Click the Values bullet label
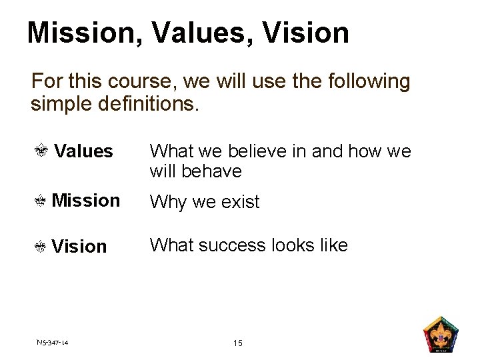coord(83,151)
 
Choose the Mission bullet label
coord(85,200)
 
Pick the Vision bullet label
coord(79,246)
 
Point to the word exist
coord(239,201)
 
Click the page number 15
coord(238,343)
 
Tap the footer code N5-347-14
coord(53,343)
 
